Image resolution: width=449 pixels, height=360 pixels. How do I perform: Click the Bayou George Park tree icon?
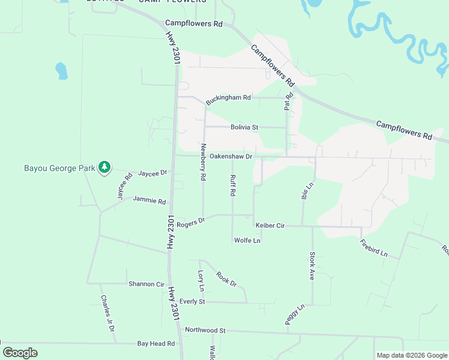[x=104, y=167]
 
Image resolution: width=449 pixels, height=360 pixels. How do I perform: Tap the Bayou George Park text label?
[x=59, y=168]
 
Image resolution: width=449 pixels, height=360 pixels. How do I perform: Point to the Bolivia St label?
[x=244, y=127]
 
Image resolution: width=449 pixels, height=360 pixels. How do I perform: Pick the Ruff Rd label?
[x=232, y=185]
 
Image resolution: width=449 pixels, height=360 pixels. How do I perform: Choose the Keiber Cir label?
[x=270, y=226]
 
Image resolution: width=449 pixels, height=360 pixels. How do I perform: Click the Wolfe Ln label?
[x=247, y=241]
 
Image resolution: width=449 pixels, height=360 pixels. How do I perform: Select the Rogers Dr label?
[x=191, y=222]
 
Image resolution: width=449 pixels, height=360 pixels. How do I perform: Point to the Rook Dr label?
[x=226, y=279]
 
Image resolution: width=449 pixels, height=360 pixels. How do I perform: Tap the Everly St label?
[x=192, y=301]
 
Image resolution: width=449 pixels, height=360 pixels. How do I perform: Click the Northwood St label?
[x=205, y=330]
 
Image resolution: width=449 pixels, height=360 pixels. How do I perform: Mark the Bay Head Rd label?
[x=155, y=344]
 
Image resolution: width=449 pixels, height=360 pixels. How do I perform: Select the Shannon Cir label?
[x=146, y=284]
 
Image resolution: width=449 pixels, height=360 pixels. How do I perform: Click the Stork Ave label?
[x=312, y=266]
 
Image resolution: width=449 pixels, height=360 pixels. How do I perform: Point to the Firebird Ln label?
[x=374, y=248]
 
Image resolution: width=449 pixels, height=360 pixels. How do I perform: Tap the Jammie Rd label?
[x=149, y=200]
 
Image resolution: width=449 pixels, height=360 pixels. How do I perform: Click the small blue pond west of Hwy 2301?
[x=61, y=71]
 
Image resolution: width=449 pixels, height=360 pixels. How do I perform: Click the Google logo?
[x=20, y=353]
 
